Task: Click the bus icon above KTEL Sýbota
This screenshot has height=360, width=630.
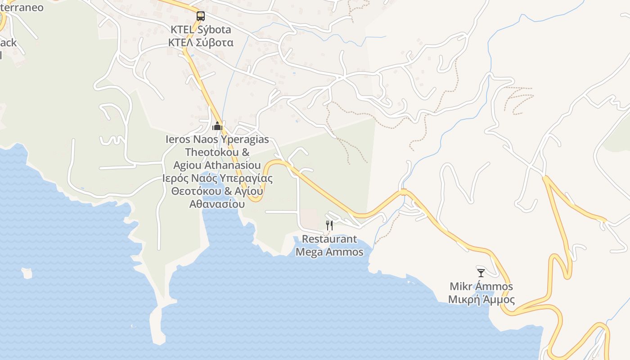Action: [201, 17]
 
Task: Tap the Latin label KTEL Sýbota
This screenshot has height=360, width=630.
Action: [201, 30]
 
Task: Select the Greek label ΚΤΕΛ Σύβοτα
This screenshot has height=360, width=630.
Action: [201, 43]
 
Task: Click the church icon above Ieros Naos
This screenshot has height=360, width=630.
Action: [217, 126]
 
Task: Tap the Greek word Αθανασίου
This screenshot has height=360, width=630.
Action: [217, 204]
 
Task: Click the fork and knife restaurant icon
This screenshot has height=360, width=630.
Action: [329, 225]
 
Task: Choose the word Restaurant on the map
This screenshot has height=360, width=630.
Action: [329, 239]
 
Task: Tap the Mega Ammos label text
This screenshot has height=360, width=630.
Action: [329, 252]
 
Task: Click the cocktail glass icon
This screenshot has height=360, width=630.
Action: [481, 273]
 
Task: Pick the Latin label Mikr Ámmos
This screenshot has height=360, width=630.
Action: [481, 287]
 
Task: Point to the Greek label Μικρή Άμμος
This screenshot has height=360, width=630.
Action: [481, 300]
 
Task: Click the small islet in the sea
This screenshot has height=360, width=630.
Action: [27, 273]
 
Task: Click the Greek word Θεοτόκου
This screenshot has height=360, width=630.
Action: [196, 191]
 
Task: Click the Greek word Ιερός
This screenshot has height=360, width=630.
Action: [175, 178]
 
